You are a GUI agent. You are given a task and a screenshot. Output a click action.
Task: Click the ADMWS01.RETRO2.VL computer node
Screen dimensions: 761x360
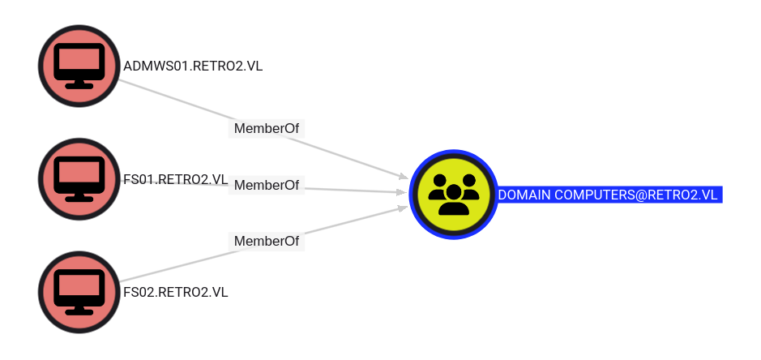coord(79,66)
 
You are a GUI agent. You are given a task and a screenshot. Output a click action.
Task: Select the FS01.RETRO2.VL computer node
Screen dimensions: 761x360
coord(79,179)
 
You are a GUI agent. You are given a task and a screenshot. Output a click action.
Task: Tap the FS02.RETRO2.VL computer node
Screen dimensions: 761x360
coord(79,292)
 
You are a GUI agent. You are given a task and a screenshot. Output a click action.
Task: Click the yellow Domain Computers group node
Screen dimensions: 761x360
coord(453,195)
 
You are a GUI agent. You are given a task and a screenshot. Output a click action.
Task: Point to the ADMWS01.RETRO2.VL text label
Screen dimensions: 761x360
coord(193,66)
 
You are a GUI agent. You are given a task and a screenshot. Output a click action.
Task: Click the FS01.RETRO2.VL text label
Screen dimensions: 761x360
coord(176,179)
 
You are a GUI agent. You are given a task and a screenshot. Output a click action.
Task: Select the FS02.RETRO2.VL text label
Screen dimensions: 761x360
coord(176,293)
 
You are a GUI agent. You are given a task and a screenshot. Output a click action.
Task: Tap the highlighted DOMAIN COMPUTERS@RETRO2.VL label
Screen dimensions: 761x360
coord(609,195)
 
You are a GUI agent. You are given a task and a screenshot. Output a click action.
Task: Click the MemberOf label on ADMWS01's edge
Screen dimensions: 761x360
coord(267,129)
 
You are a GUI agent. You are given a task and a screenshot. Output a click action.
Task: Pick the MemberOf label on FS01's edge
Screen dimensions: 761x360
coord(267,185)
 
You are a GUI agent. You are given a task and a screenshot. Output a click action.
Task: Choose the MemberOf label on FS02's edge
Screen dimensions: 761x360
coord(267,242)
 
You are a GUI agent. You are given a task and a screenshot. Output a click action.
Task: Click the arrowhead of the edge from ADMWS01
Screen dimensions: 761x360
coord(403,176)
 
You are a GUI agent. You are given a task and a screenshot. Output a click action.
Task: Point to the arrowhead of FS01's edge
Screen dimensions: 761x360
coord(402,192)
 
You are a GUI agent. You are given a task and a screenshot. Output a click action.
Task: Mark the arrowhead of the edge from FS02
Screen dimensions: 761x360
coord(403,208)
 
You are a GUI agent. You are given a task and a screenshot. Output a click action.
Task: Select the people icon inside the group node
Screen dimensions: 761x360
coord(453,195)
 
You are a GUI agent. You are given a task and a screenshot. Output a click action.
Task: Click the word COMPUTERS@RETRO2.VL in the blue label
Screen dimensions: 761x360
coord(635,195)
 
